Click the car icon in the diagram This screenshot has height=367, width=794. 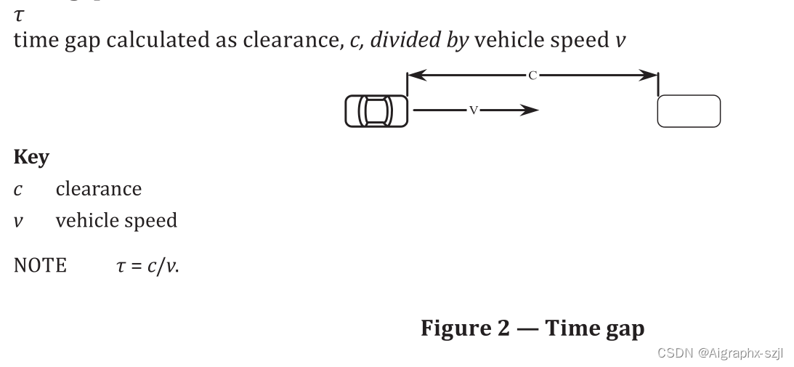[x=376, y=110]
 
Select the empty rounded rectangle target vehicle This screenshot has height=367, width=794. [x=688, y=111]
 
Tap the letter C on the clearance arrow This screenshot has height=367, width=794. [x=532, y=75]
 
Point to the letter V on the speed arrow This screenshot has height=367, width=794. [x=473, y=110]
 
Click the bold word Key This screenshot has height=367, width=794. [x=31, y=158]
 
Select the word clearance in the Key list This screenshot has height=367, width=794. [x=98, y=189]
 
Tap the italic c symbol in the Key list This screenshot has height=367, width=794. [x=17, y=190]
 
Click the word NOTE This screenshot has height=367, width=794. [x=40, y=265]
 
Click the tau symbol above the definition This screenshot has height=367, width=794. [x=18, y=13]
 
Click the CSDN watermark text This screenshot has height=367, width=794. [x=719, y=352]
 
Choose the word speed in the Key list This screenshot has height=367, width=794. [x=153, y=221]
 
